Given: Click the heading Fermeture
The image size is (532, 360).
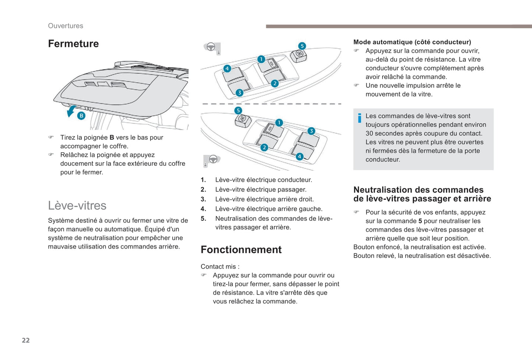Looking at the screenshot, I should pyautogui.click(x=73, y=44).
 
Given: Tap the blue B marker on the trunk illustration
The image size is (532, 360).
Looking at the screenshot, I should pyautogui.click(x=81, y=116).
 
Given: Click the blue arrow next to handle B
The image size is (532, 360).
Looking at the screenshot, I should pyautogui.click(x=71, y=111).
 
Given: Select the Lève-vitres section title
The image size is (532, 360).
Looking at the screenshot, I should pyautogui.click(x=77, y=205).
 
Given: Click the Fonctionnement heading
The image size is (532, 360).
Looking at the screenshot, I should pyautogui.click(x=241, y=249).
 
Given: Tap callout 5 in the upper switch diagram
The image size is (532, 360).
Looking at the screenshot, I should pyautogui.click(x=302, y=46).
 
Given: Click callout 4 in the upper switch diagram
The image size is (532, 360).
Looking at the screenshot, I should pyautogui.click(x=227, y=69).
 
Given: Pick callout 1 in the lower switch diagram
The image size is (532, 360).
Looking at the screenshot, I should pyautogui.click(x=279, y=122).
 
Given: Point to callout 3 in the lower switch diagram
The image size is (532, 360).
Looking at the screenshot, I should pyautogui.click(x=311, y=131).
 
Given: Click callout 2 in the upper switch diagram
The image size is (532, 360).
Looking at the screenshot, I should pyautogui.click(x=275, y=83).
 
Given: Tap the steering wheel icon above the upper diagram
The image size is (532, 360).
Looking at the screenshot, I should pyautogui.click(x=211, y=47).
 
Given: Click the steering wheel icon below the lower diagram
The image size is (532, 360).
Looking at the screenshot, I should pyautogui.click(x=213, y=159).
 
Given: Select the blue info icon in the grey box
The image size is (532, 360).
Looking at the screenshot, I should pyautogui.click(x=359, y=118).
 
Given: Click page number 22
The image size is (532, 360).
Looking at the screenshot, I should pyautogui.click(x=26, y=340).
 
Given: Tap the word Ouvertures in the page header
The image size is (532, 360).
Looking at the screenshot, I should pyautogui.click(x=66, y=26).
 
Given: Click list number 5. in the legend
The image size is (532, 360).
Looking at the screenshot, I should pyautogui.click(x=203, y=219).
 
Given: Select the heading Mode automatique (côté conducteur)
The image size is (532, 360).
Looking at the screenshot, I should pyautogui.click(x=412, y=42).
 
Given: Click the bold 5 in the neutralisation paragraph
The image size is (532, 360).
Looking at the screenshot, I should pyautogui.click(x=420, y=221).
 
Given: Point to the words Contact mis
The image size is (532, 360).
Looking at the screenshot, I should pyautogui.click(x=220, y=266).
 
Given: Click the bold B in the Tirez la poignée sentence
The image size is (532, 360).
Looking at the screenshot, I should pyautogui.click(x=112, y=137).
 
